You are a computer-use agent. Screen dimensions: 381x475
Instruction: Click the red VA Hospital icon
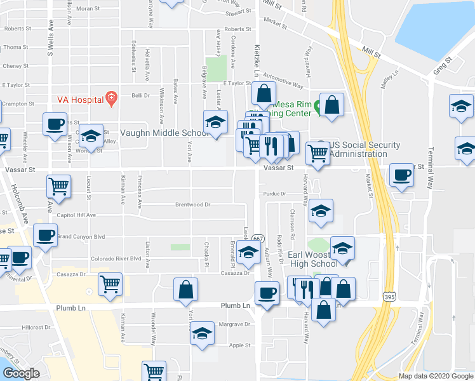[112, 98]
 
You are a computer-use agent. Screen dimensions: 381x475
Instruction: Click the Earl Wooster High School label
[313, 259]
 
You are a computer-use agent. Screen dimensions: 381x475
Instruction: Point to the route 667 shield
[257, 237]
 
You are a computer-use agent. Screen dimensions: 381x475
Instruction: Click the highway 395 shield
[390, 297]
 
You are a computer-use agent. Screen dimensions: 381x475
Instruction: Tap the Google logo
[20, 373]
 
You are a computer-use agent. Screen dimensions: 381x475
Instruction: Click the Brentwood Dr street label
[193, 204]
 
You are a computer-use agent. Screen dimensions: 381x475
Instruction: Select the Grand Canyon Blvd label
[80, 236]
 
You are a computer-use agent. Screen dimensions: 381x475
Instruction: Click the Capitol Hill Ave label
[76, 215]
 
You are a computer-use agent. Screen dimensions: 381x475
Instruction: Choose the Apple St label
[239, 345]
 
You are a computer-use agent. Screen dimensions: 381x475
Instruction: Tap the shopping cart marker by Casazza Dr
[110, 284]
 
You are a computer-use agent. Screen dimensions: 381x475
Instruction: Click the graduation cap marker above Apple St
[202, 333]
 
